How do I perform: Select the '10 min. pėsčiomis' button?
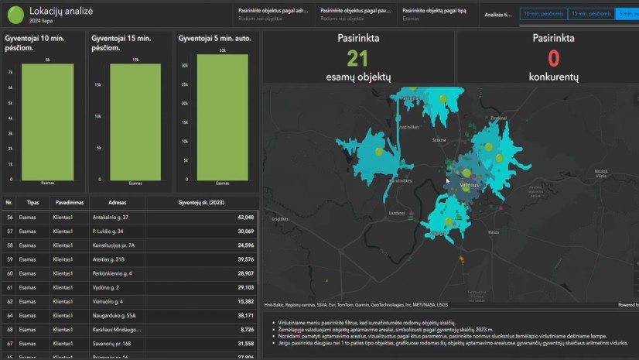pos(542,14)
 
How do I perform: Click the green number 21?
pos(357,59)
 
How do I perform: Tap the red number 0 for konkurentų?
pos(553,59)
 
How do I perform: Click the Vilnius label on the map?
pos(470,186)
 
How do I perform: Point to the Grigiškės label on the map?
pos(280,220)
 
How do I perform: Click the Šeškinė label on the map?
pos(439,140)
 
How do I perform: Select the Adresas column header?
pos(109,202)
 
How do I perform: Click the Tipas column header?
pos(32,202)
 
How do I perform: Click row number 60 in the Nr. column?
pos(9,273)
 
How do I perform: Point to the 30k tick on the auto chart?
pos(184,66)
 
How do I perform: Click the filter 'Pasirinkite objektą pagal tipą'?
pos(436,12)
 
